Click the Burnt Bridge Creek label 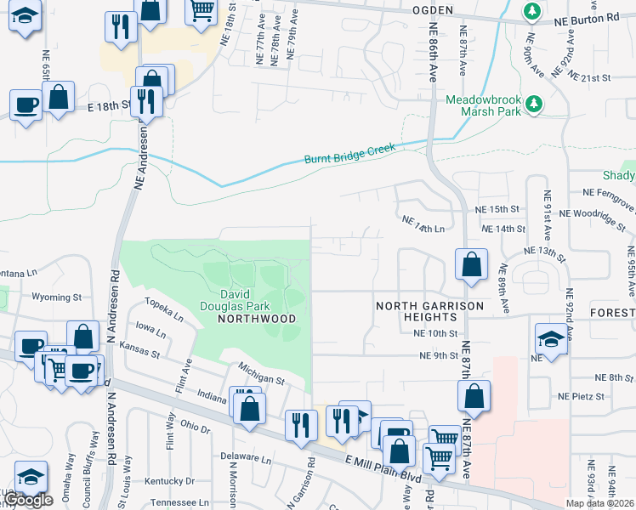coord(350,154)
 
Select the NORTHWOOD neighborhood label coord(256,319)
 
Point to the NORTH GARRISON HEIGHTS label coord(430,310)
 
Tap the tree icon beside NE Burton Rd coord(532,12)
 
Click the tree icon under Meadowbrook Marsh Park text coord(533,104)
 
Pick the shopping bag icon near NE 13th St coord(471,264)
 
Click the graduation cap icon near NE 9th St coord(551,339)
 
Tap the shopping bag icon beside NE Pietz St coord(474,395)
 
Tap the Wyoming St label coord(56,297)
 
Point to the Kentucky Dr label coord(169,481)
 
